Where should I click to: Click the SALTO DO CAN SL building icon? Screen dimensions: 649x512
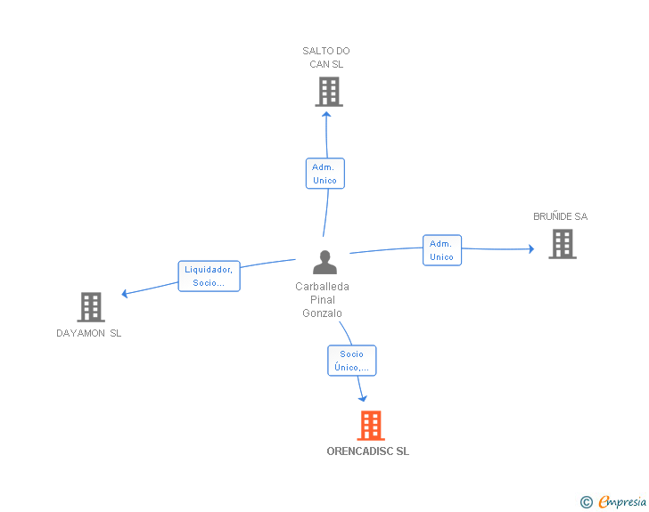(x=329, y=92)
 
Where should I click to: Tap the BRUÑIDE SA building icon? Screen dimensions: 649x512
(x=563, y=244)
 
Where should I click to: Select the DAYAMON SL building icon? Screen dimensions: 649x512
(x=91, y=307)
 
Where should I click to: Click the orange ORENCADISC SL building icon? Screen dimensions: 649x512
(x=371, y=425)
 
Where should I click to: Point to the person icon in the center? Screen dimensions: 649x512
(x=324, y=262)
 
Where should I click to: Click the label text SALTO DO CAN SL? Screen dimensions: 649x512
(x=326, y=58)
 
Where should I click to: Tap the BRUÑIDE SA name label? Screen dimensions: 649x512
(x=561, y=216)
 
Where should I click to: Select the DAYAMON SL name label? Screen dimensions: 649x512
(x=88, y=333)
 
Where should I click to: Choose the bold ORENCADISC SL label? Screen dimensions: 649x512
(x=368, y=451)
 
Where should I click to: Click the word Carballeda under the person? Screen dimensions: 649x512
(x=322, y=287)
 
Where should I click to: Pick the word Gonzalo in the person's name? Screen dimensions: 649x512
(x=322, y=313)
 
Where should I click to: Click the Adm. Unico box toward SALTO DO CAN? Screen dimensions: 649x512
(x=324, y=174)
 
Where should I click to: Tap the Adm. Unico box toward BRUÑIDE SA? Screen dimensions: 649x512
(x=442, y=250)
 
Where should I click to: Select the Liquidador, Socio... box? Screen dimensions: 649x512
(x=209, y=276)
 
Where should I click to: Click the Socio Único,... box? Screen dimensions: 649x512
(x=352, y=361)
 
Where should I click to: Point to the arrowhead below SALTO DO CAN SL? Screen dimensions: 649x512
(x=326, y=115)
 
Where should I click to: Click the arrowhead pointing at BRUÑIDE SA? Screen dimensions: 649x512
(x=531, y=248)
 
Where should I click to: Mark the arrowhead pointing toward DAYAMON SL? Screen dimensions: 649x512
(x=125, y=293)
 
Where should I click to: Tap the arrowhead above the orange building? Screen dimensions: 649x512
(x=363, y=399)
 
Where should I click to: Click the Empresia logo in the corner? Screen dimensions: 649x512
(x=613, y=501)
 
